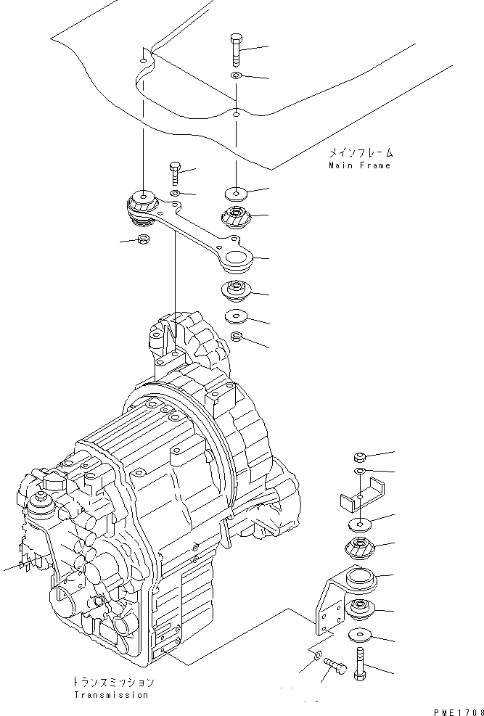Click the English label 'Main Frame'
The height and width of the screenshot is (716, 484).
(x=359, y=165)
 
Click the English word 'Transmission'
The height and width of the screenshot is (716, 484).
(x=112, y=696)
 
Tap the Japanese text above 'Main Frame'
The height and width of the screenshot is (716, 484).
(x=361, y=153)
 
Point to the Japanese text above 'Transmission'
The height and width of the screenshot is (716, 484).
(x=113, y=683)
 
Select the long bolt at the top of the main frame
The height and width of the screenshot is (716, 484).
(x=236, y=50)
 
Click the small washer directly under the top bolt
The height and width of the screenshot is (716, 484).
(x=236, y=75)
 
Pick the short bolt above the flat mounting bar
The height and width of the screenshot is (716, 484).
(x=175, y=173)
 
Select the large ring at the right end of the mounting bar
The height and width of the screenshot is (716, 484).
(x=237, y=260)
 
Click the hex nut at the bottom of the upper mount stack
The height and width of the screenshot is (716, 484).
(x=237, y=337)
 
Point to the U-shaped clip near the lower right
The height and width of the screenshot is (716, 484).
(x=361, y=495)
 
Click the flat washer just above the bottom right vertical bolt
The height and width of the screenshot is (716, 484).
(x=360, y=635)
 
